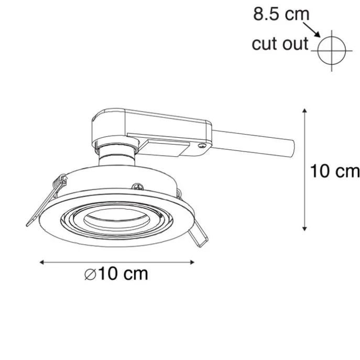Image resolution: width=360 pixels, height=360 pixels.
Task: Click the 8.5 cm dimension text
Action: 281,14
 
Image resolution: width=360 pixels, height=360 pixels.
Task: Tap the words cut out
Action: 280,43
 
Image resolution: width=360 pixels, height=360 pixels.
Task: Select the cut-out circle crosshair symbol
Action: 332,50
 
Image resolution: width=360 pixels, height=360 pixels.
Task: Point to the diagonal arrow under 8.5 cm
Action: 312,30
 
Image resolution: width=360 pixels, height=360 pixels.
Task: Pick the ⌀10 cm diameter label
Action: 116,274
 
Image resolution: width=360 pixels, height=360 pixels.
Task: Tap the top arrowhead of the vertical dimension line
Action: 304,111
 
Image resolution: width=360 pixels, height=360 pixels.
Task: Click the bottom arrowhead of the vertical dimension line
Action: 304,228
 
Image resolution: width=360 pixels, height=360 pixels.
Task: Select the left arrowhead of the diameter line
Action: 42,262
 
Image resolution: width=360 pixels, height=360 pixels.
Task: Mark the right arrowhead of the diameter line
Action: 192,262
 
